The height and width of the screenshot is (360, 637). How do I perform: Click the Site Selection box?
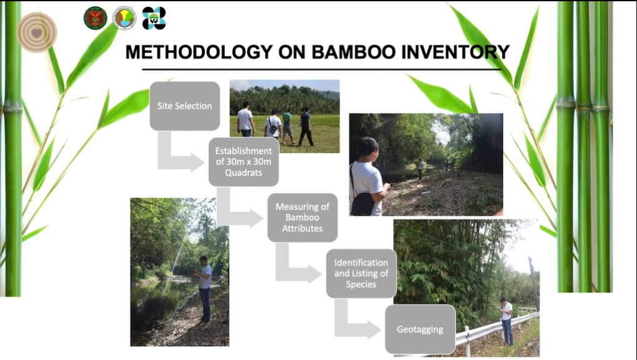pos(185,106)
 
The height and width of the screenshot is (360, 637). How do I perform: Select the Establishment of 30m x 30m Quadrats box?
pos(244,162)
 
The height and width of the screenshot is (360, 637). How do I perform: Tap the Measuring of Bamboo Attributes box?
pos(302,217)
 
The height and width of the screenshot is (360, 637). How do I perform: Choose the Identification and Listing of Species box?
pos(361,273)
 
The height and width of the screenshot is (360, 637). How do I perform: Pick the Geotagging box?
pos(420,329)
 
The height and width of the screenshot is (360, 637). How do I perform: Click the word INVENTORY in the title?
pos(455,52)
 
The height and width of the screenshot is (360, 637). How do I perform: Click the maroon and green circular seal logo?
pos(95,18)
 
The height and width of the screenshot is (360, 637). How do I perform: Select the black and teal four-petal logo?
pos(154,18)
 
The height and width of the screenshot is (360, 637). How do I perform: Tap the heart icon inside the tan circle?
pos(37,33)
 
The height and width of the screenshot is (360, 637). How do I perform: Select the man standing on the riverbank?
pos(205,289)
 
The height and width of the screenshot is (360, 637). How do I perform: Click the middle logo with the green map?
pos(124,18)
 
